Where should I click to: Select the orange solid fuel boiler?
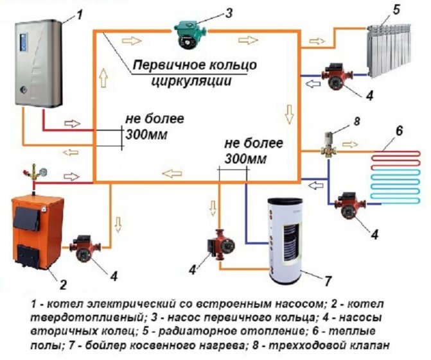coord(38,232)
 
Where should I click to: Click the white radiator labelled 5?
coord(389,50)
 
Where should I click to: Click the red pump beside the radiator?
coord(337,76)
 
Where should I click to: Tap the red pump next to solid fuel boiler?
coord(85,248)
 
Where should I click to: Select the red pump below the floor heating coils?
coord(350,205)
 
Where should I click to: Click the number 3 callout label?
coord(229,13)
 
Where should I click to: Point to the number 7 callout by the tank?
coord(327,280)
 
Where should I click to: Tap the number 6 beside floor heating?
coord(399,130)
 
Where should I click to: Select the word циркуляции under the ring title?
coord(191,80)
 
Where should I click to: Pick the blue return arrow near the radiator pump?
coord(313,84)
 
